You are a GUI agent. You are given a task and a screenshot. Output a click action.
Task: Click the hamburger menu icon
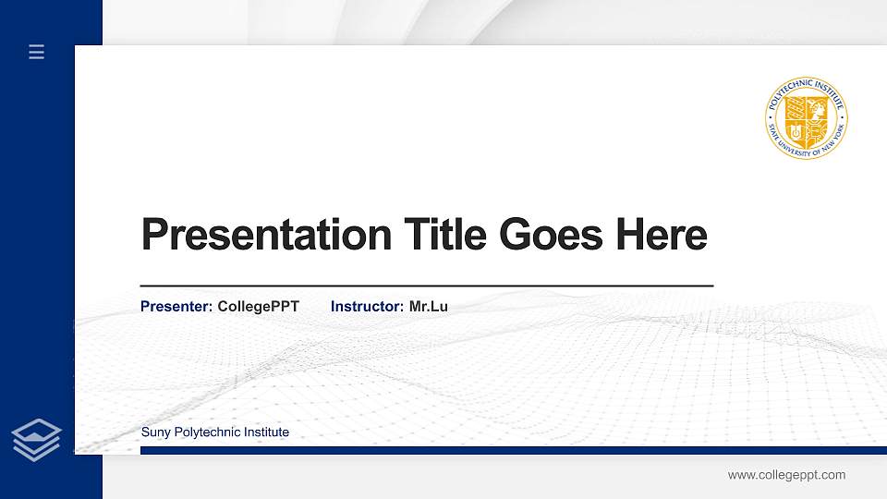click(x=37, y=53)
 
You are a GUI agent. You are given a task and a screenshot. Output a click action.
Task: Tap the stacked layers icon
click(x=37, y=439)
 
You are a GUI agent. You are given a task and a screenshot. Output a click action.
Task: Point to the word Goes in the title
click(x=552, y=235)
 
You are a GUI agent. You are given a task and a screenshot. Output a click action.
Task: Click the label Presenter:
click(x=176, y=306)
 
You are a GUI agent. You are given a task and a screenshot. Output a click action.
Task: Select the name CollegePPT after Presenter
click(x=259, y=306)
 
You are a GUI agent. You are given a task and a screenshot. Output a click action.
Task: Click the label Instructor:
click(x=367, y=306)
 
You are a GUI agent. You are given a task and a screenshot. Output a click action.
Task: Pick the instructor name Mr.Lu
click(x=429, y=306)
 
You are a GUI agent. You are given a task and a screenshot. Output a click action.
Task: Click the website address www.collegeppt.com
click(x=786, y=475)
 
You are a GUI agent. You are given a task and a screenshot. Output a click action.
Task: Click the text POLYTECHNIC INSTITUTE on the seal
click(x=807, y=86)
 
